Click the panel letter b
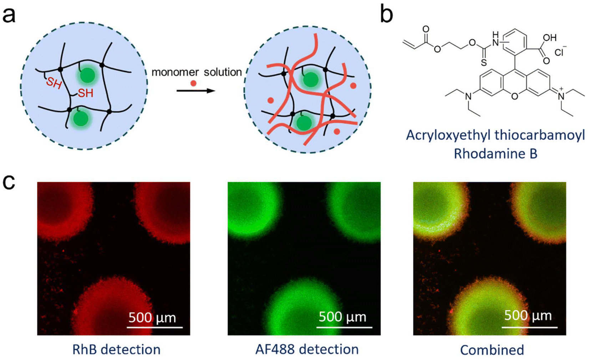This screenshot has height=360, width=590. pyautogui.click(x=386, y=14)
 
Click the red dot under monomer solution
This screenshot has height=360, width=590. pyautogui.click(x=193, y=83)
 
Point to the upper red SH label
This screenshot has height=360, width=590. pyautogui.click(x=54, y=83)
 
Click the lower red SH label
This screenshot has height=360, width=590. pyautogui.click(x=86, y=93)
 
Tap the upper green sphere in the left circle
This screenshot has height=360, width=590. pyautogui.click(x=87, y=75)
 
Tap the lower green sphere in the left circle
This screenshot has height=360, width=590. pyautogui.click(x=81, y=118)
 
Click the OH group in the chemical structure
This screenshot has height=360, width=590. pyautogui.click(x=550, y=38)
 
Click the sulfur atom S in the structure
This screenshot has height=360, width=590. pyautogui.click(x=484, y=63)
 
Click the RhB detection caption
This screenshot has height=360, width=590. pyautogui.click(x=116, y=350)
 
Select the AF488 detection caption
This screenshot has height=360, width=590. pyautogui.click(x=307, y=349)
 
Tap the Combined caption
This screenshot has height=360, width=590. pyautogui.click(x=492, y=350)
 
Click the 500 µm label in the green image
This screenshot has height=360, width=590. pyautogui.click(x=342, y=317)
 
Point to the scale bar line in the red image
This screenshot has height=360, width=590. pyautogui.click(x=155, y=327)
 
